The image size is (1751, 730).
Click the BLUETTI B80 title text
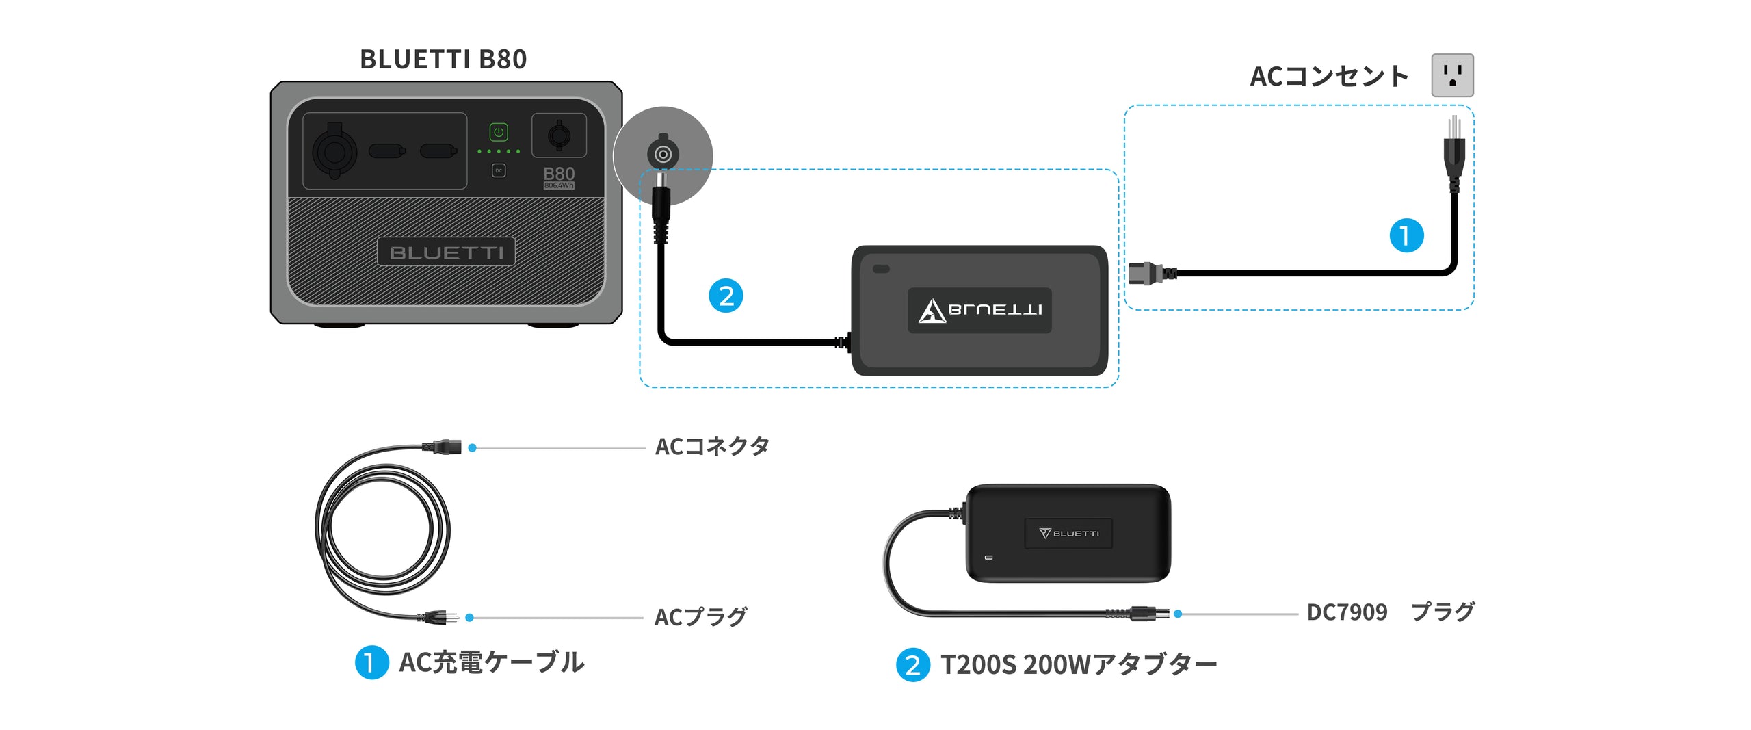point(443,60)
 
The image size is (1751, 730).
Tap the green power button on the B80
point(499,132)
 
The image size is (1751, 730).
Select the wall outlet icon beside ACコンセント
point(1452,75)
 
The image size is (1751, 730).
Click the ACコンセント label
point(1329,76)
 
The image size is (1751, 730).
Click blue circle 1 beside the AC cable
point(1406,235)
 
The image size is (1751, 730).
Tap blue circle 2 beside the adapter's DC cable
point(726,296)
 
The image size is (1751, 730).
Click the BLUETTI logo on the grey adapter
point(979,310)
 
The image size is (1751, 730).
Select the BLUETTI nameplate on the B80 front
point(446,252)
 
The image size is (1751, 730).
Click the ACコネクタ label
point(712,447)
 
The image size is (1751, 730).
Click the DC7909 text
point(1347,612)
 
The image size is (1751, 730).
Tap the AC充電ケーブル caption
point(492,662)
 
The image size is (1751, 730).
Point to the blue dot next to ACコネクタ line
point(472,448)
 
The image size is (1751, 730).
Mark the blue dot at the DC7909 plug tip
point(1178,614)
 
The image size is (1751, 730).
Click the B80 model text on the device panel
point(559,174)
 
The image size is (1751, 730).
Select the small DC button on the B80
point(499,170)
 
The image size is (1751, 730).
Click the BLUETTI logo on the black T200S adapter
point(1068,534)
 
